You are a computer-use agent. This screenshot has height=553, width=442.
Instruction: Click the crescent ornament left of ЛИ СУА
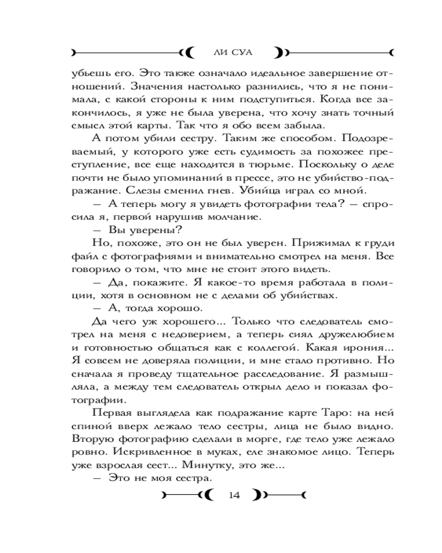[188, 53]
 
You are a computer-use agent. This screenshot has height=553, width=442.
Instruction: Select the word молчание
[232, 216]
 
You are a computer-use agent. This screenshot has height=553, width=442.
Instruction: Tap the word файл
[83, 255]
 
